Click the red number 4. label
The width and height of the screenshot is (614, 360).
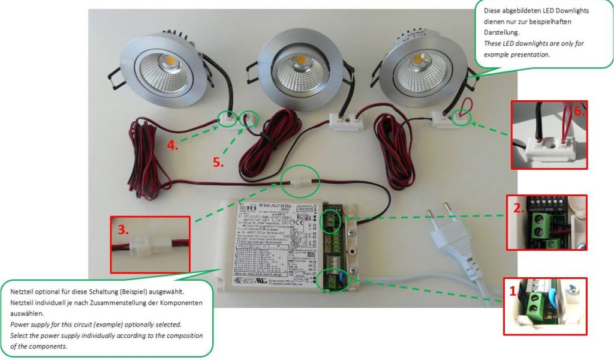(173, 145)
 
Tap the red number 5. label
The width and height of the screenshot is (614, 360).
(219, 161)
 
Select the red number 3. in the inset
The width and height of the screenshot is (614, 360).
(122, 229)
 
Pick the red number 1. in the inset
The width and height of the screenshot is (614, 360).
(512, 292)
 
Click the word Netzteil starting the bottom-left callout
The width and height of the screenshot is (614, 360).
(24, 291)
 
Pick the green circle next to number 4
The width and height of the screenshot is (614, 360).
(228, 118)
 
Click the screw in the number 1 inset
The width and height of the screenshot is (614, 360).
(574, 289)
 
